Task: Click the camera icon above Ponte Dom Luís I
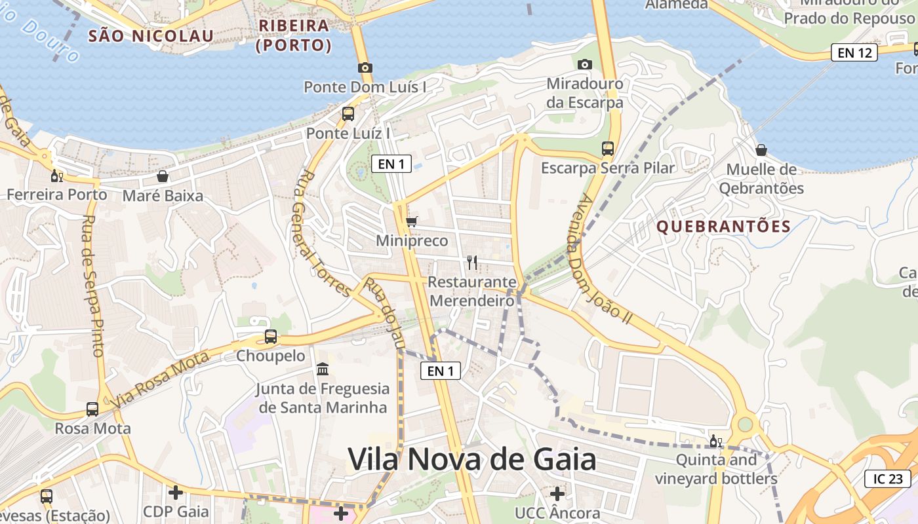coord(365,67)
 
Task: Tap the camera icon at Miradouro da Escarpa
coord(584,64)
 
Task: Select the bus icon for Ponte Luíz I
coord(348,114)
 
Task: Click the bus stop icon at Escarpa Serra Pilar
coord(608,149)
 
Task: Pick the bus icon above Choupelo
coord(270,337)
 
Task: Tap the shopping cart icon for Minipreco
coord(411,222)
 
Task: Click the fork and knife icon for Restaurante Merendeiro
coord(471,263)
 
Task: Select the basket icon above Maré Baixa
coord(163,176)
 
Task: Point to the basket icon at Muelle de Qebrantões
coord(761,150)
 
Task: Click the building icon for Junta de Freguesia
coord(322,369)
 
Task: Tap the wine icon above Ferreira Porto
coord(57,176)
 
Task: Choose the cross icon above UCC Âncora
coord(557,493)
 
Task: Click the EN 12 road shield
coord(854,53)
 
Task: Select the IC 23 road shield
coord(887,479)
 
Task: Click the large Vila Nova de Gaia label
coord(471,459)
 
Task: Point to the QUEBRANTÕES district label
coord(723,227)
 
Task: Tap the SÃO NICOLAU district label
coord(151,35)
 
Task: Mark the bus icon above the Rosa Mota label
coord(92,409)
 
